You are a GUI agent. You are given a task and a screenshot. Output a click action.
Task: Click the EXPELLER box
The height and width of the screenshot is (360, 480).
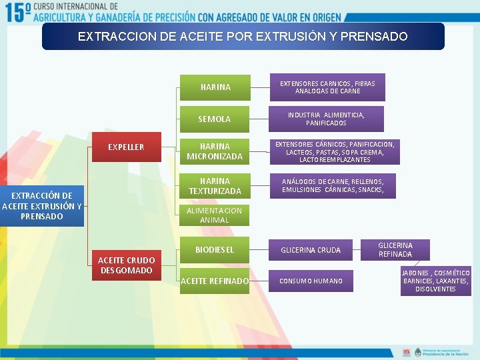click(x=126, y=147)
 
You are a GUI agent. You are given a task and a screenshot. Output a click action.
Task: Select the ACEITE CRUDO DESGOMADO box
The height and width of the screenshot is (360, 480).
click(x=127, y=265)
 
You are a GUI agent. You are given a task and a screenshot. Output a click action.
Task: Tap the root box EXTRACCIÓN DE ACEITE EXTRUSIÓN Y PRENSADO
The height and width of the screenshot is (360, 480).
click(x=42, y=205)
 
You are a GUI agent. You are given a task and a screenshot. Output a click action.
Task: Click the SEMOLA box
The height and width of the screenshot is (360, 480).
click(x=215, y=119)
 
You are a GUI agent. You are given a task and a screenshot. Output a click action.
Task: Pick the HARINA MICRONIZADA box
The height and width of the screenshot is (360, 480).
click(x=215, y=151)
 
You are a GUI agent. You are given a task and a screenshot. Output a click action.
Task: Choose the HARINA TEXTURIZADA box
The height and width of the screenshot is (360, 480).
click(x=215, y=186)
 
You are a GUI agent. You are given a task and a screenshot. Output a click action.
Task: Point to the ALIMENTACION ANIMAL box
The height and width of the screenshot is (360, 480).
click(x=215, y=215)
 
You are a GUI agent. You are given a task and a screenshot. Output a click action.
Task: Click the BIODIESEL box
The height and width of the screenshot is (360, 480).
click(x=215, y=250)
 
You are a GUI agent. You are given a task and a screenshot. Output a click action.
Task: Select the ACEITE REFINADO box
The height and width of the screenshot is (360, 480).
click(x=215, y=281)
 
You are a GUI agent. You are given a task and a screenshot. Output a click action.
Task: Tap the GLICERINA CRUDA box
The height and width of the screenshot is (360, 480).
click(x=311, y=250)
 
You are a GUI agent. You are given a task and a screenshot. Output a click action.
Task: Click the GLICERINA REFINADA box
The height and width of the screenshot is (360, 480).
click(x=395, y=249)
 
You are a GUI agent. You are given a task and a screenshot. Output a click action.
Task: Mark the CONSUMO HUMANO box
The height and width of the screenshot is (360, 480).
click(x=311, y=281)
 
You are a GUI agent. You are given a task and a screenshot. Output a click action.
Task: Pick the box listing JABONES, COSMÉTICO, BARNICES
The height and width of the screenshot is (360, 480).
click(x=436, y=281)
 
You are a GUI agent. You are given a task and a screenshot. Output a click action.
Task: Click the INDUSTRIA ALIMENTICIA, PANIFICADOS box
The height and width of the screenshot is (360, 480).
click(x=327, y=119)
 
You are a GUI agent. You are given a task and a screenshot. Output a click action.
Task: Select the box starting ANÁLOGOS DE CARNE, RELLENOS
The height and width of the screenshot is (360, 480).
click(x=332, y=185)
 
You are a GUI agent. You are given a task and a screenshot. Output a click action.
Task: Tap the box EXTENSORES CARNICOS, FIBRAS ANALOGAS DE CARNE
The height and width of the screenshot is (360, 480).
click(x=327, y=87)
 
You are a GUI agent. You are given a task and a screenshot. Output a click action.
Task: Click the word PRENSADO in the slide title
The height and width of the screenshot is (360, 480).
click(x=373, y=37)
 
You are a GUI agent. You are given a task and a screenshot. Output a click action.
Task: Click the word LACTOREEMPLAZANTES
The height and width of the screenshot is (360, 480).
click(x=335, y=160)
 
